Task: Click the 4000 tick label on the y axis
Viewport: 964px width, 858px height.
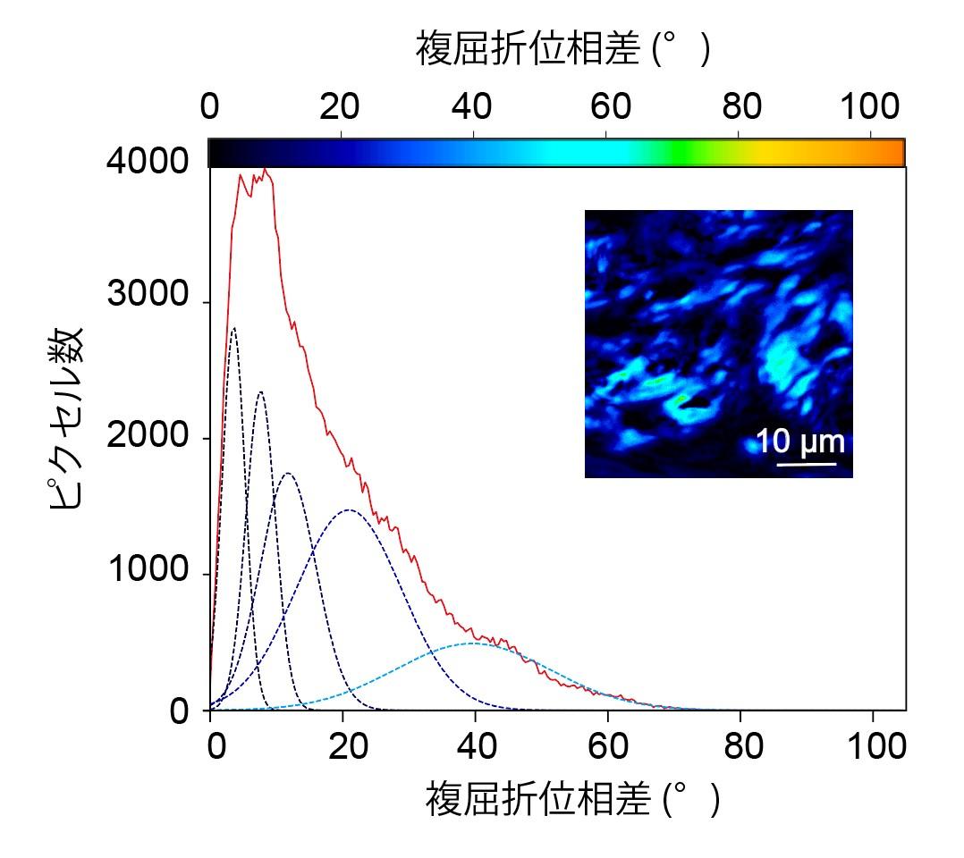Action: pos(148,162)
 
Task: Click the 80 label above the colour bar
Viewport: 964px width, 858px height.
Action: pos(742,107)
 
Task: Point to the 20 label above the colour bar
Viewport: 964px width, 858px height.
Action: pos(340,107)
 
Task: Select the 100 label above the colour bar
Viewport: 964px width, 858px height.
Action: pos(870,107)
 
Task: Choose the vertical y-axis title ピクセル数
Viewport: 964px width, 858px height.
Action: pos(66,418)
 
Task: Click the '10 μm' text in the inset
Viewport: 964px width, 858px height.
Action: pos(800,442)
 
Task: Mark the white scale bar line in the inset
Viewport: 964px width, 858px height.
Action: pos(806,463)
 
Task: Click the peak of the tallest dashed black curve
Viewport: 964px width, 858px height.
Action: pos(233,328)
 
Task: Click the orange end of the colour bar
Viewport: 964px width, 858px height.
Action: pos(894,153)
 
